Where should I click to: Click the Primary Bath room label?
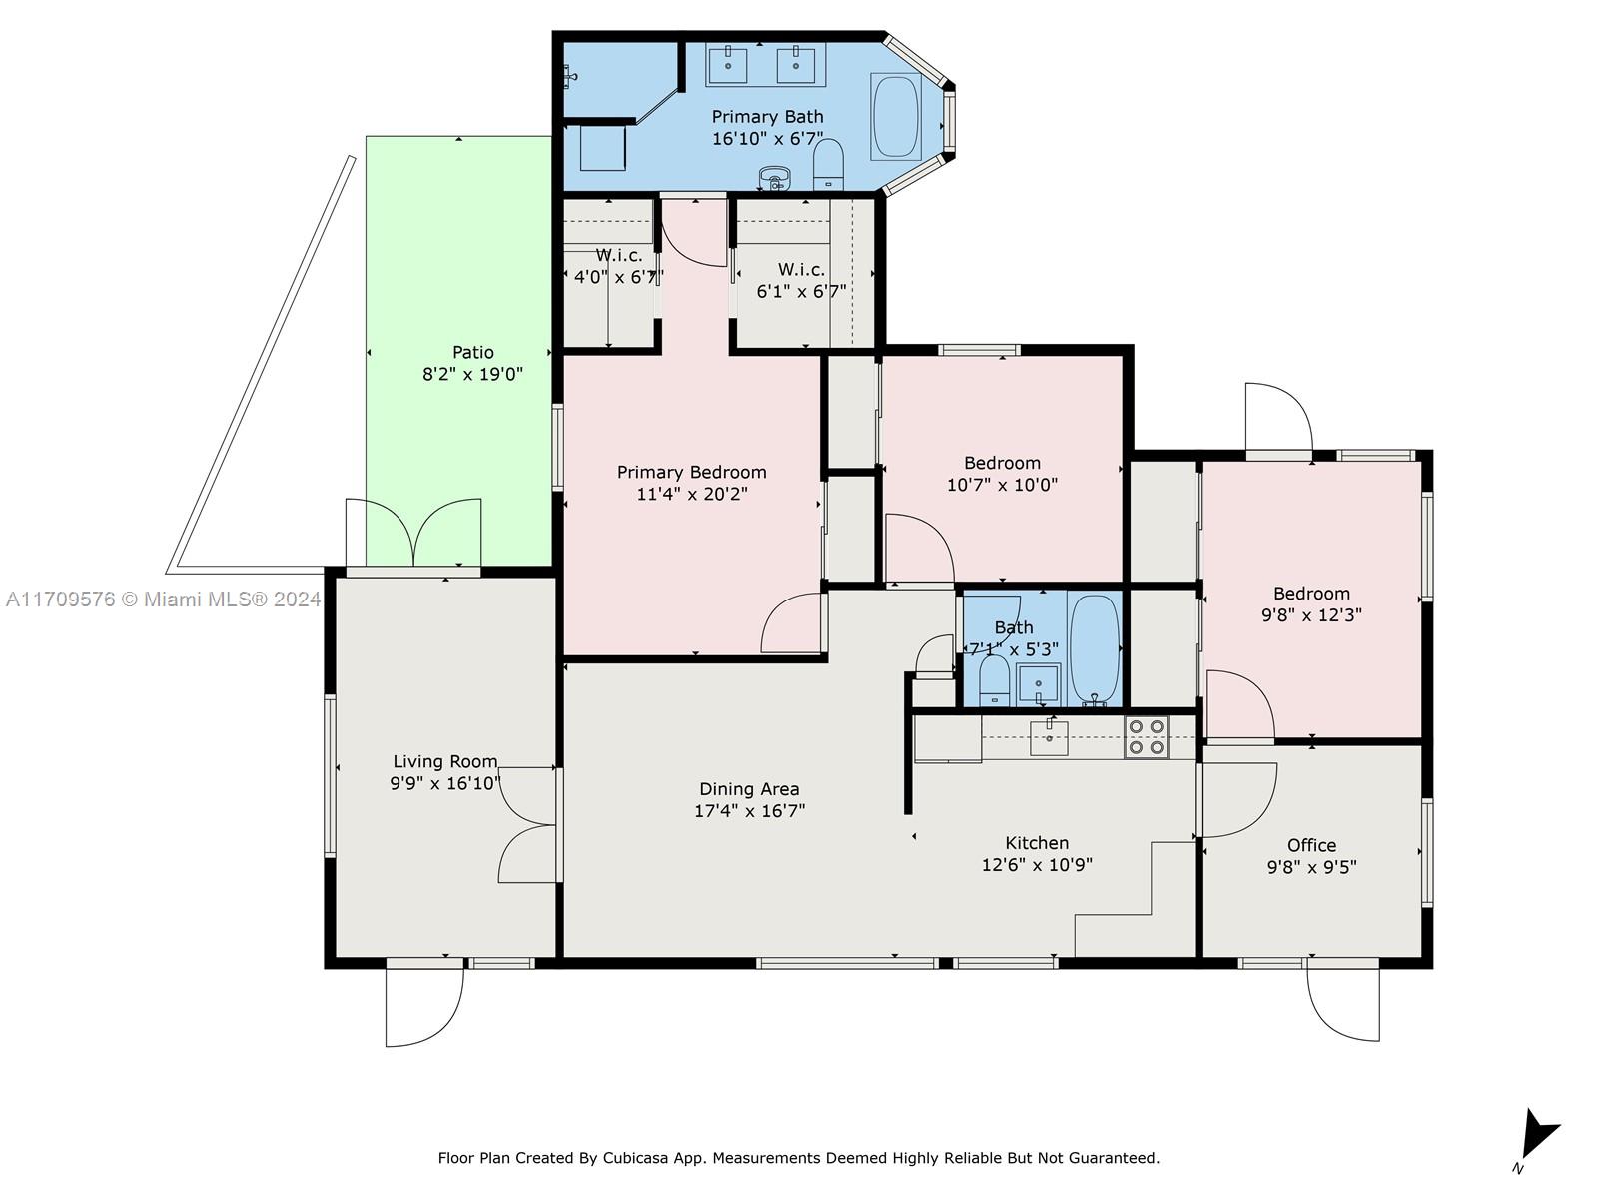coord(767,117)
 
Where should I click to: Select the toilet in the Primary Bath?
coord(828,164)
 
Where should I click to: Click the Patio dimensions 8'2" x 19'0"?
coord(473,374)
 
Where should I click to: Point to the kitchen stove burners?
coord(1146,737)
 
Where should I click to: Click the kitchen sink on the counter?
coord(1049,738)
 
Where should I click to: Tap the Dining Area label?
coord(749,789)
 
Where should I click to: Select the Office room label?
coord(1312,845)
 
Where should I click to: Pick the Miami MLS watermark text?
coord(163,599)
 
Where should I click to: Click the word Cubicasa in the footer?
coord(635,1157)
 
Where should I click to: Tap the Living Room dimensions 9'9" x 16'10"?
coord(444,783)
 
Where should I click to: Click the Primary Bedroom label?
coord(691,472)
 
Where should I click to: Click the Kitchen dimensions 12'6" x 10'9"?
coord(1037,865)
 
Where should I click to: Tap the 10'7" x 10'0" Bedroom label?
coord(1002,474)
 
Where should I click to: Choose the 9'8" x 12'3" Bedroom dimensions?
coord(1311,615)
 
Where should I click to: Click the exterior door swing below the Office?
coord(1343,1004)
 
